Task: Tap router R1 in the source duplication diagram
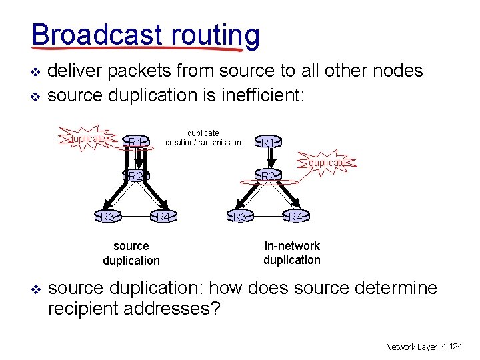(x=137, y=141)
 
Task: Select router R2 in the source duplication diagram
(x=137, y=176)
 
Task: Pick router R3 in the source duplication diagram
(x=107, y=217)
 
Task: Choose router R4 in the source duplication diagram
(x=163, y=217)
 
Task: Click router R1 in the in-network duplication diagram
(x=269, y=142)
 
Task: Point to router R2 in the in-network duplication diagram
(x=269, y=176)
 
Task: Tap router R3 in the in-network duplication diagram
(x=240, y=217)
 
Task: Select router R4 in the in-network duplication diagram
(x=296, y=217)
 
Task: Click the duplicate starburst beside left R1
(x=87, y=138)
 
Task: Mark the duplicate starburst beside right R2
(x=327, y=163)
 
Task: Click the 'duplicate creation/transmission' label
(x=203, y=137)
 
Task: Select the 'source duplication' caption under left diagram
(x=131, y=253)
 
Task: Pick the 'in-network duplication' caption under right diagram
(x=292, y=253)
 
